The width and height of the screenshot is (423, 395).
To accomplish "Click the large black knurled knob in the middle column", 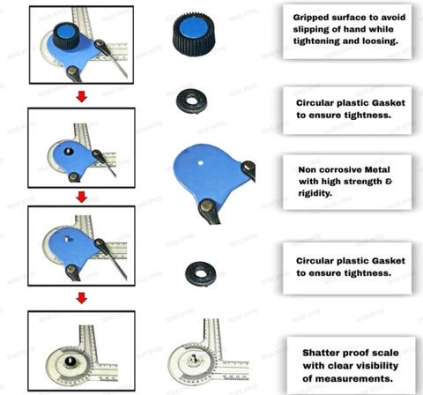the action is click(194, 34).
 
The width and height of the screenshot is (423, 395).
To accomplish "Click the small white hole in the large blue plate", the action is click(201, 163).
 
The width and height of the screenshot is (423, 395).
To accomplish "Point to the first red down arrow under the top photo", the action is click(81, 96).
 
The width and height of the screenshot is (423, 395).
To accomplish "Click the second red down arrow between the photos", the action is click(81, 197).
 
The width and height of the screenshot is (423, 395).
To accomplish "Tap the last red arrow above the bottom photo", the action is click(81, 298).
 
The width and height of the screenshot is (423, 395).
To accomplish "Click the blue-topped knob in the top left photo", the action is click(66, 35).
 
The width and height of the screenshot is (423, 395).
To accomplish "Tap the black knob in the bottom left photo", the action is click(70, 361).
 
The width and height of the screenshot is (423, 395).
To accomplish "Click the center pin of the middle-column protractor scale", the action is click(194, 359).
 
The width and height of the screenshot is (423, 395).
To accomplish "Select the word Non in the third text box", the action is click(306, 169).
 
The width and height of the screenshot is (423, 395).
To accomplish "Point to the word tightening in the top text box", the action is click(316, 41).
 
